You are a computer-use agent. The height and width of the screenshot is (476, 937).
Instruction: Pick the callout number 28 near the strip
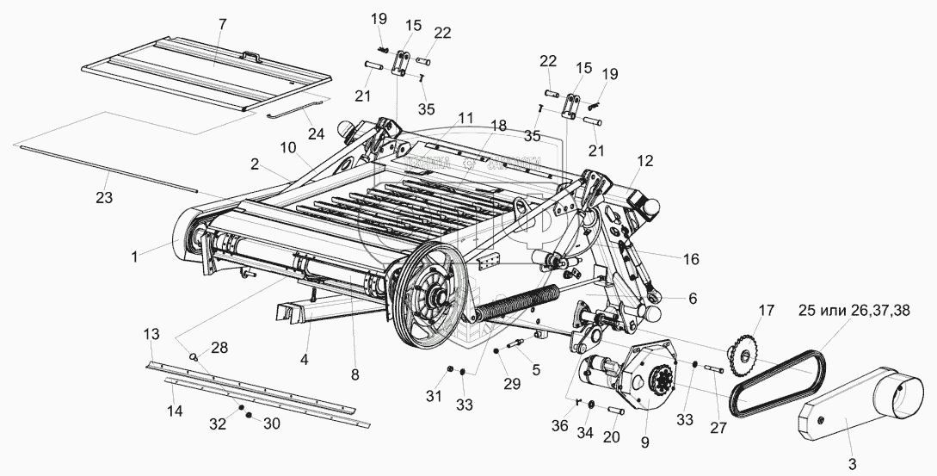[219, 348]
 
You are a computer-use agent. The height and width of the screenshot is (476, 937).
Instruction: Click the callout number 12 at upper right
[645, 161]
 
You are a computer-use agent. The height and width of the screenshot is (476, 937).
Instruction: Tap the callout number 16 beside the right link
[690, 258]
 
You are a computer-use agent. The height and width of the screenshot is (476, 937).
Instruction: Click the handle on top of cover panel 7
[251, 56]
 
